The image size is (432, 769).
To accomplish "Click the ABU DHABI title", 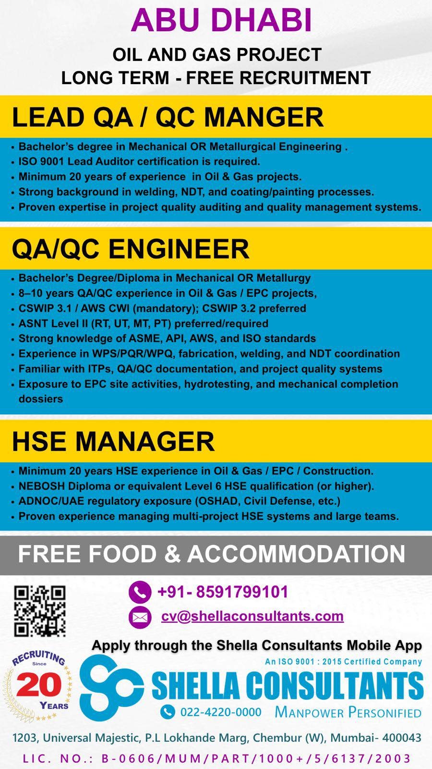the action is click(221, 20).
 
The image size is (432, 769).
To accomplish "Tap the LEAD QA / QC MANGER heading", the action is click(168, 117).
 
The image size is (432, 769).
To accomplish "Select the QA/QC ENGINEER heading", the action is click(130, 249).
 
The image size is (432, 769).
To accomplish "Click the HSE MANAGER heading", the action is click(113, 441).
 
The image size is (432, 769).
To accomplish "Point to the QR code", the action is click(39, 611).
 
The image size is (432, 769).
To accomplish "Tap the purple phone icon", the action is click(140, 592).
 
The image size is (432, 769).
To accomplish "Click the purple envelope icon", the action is click(140, 617).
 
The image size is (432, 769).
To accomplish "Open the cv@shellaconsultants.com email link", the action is click(252, 616).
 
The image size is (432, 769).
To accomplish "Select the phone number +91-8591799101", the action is click(223, 592).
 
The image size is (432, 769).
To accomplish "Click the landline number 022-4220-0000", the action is click(220, 712).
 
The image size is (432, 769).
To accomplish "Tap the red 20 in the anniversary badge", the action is click(39, 684).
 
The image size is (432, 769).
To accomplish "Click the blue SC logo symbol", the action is click(111, 687).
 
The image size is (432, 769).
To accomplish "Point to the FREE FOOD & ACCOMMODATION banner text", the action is click(212, 554).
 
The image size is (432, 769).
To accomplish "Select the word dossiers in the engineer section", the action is click(41, 399).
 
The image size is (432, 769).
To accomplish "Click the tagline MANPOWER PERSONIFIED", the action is click(348, 712).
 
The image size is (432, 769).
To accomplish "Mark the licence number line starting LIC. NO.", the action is click(216, 758).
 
